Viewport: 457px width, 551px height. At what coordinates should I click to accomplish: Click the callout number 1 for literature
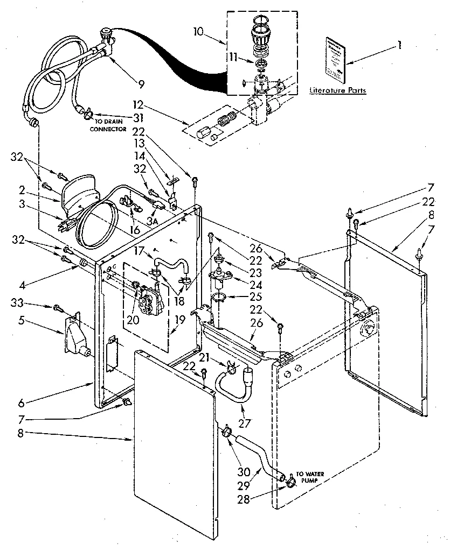coord(399,46)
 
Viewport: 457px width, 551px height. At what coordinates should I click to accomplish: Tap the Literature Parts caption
coord(337,90)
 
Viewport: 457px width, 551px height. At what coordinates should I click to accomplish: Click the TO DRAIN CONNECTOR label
coord(108,125)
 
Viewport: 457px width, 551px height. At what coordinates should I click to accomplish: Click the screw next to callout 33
coord(57,308)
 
